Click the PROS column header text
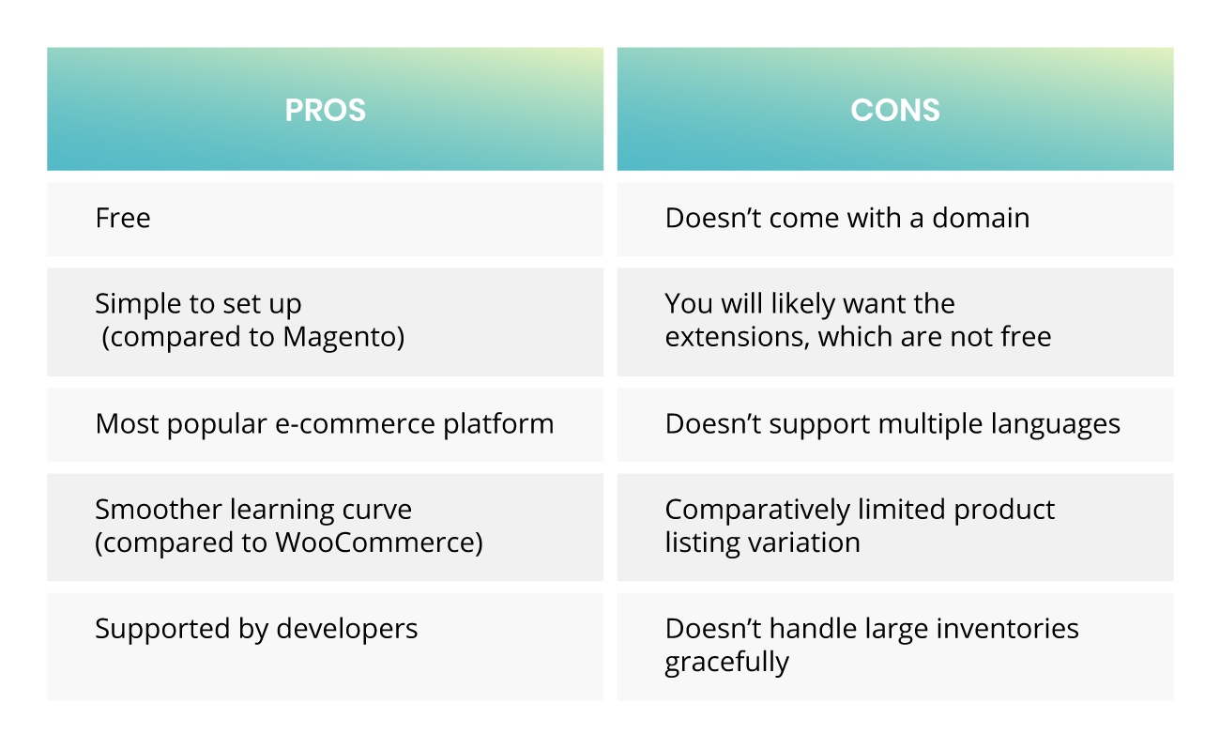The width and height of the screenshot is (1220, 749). coord(325,110)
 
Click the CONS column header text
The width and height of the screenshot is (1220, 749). coord(895,110)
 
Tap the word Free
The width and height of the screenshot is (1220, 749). coord(123,218)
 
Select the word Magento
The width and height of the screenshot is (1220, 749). coord(341,337)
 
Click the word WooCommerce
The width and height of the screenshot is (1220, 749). coord(374,543)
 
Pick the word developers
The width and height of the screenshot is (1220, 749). coord(347,629)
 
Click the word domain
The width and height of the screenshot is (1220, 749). coord(981,218)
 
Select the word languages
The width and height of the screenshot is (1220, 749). coord(1056,425)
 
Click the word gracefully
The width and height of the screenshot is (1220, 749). coord(726,663)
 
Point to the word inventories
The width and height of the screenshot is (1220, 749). coord(1008,629)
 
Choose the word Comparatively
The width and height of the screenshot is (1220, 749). coord(757,511)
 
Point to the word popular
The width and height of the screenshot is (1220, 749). coord(217,425)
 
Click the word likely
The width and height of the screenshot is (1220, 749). coord(803,304)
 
